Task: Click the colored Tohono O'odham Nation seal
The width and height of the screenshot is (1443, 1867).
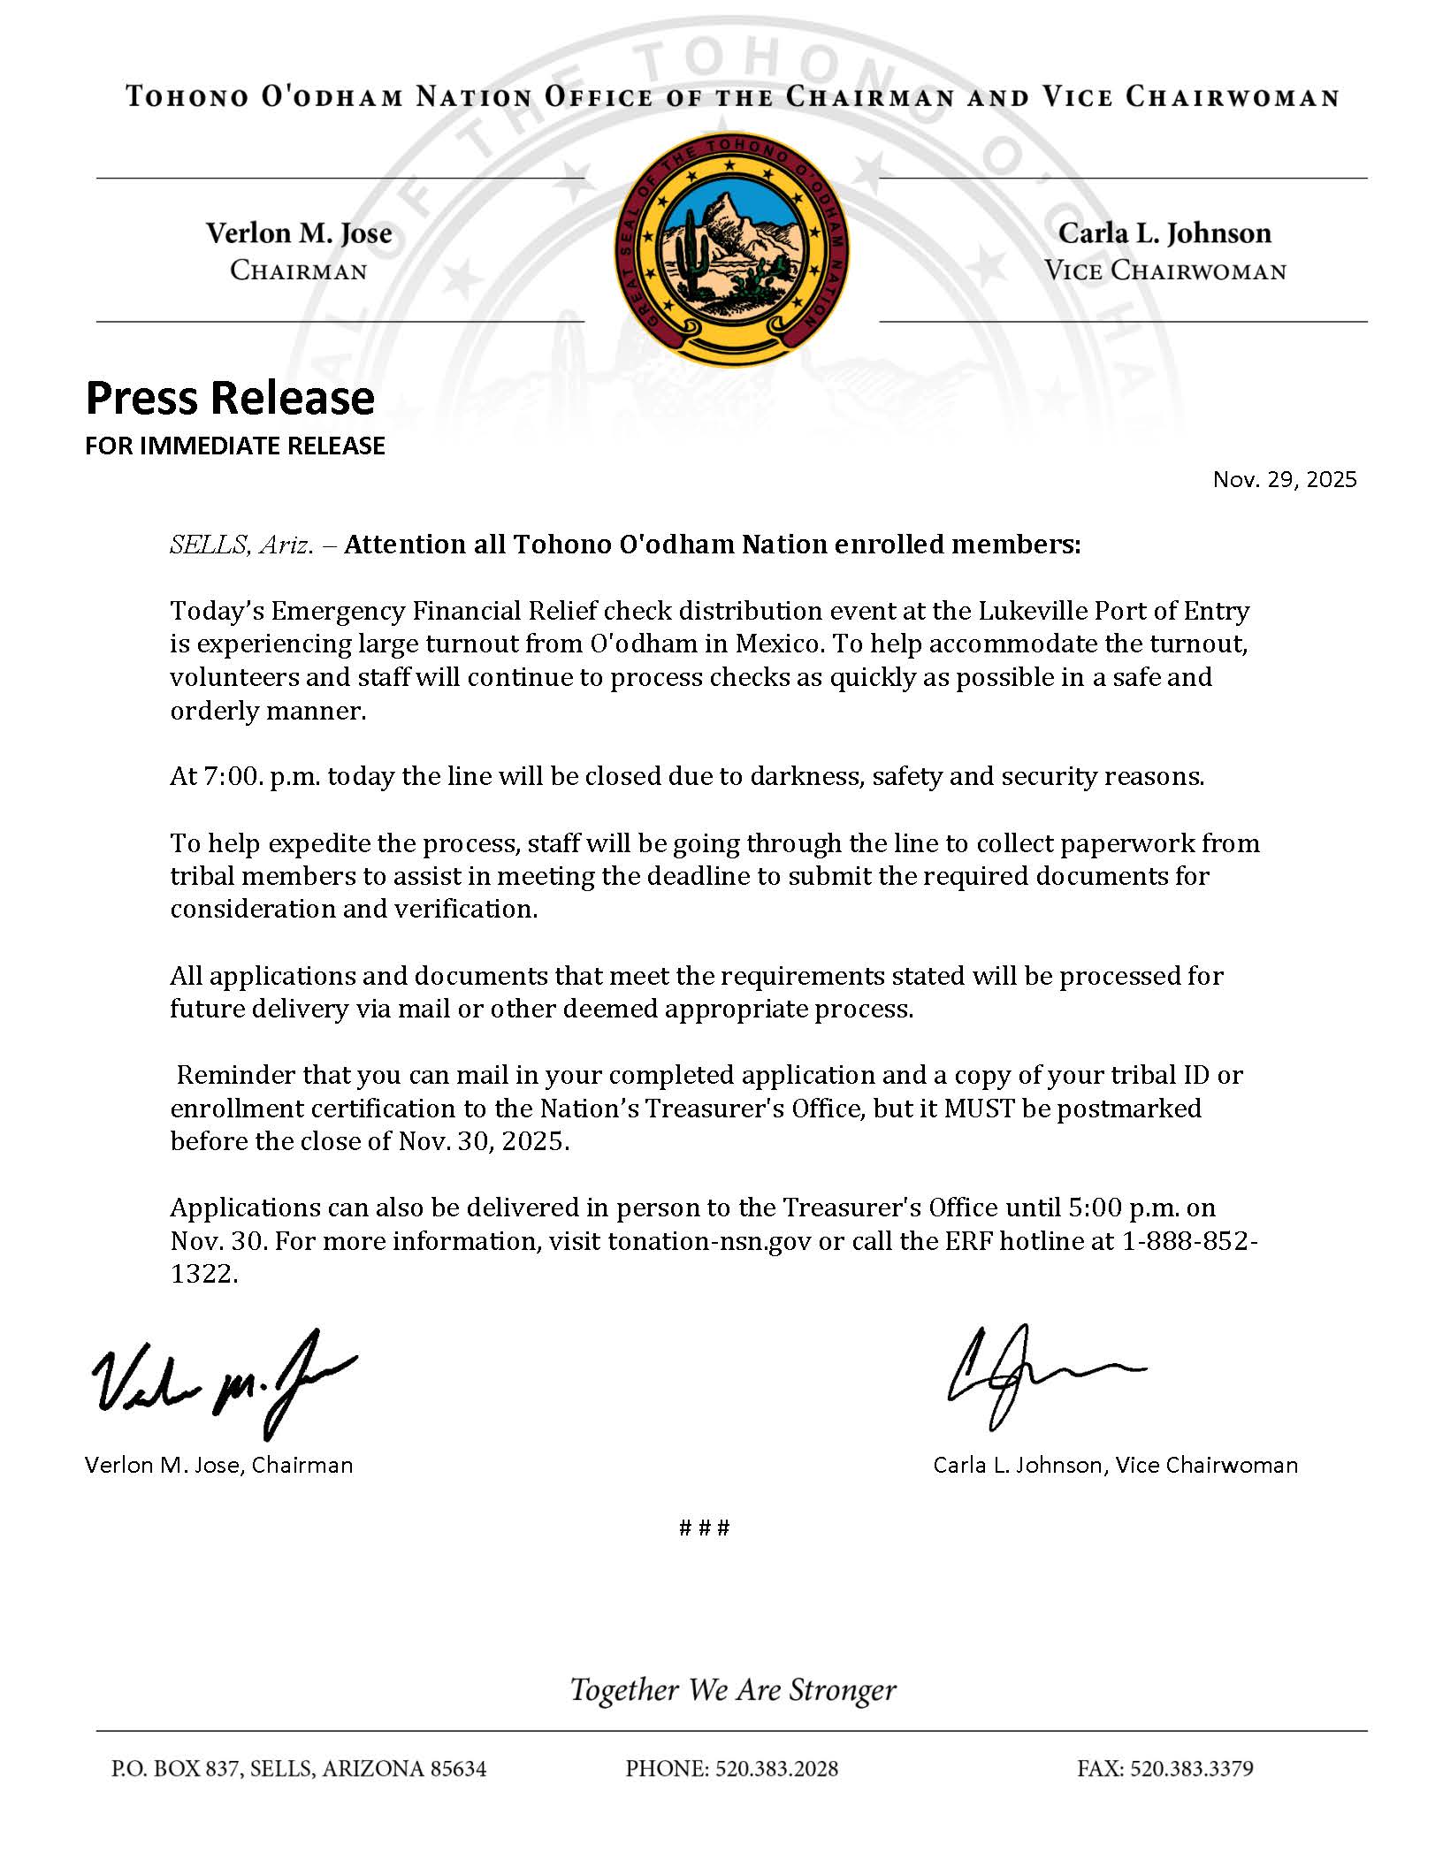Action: pyautogui.click(x=731, y=248)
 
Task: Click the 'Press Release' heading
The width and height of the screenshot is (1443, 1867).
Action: pyautogui.click(x=230, y=398)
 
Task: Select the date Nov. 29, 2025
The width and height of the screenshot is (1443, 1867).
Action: pyautogui.click(x=1284, y=479)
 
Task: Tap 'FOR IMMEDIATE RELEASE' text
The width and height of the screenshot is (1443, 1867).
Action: pyautogui.click(x=235, y=446)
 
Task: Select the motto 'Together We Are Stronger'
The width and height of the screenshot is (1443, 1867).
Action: pyautogui.click(x=733, y=1689)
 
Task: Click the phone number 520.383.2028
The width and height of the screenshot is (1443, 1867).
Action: pyautogui.click(x=776, y=1769)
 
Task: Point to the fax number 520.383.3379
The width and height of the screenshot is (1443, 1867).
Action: pyautogui.click(x=1191, y=1769)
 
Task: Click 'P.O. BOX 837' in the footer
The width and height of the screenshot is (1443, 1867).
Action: pyautogui.click(x=175, y=1769)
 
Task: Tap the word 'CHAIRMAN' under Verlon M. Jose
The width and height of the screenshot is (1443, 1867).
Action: pyautogui.click(x=298, y=271)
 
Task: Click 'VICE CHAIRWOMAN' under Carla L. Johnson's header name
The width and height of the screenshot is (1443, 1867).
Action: pyautogui.click(x=1164, y=271)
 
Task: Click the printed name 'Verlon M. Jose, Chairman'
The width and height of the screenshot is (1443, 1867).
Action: pyautogui.click(x=218, y=1465)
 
